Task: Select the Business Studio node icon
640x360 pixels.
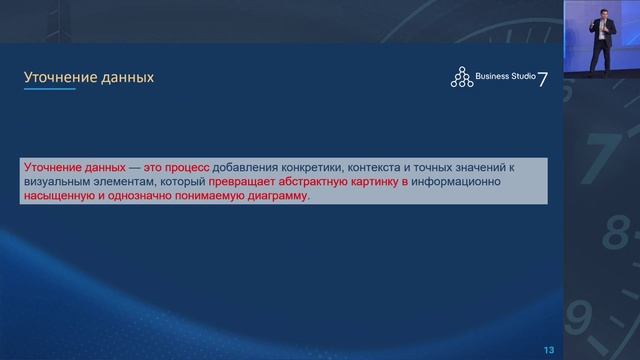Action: click(461, 77)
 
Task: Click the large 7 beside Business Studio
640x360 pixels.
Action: click(543, 79)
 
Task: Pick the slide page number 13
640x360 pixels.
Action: click(549, 348)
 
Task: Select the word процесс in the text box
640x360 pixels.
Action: click(183, 168)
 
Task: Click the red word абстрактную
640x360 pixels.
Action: click(331, 183)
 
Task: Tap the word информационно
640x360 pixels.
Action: click(488, 183)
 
